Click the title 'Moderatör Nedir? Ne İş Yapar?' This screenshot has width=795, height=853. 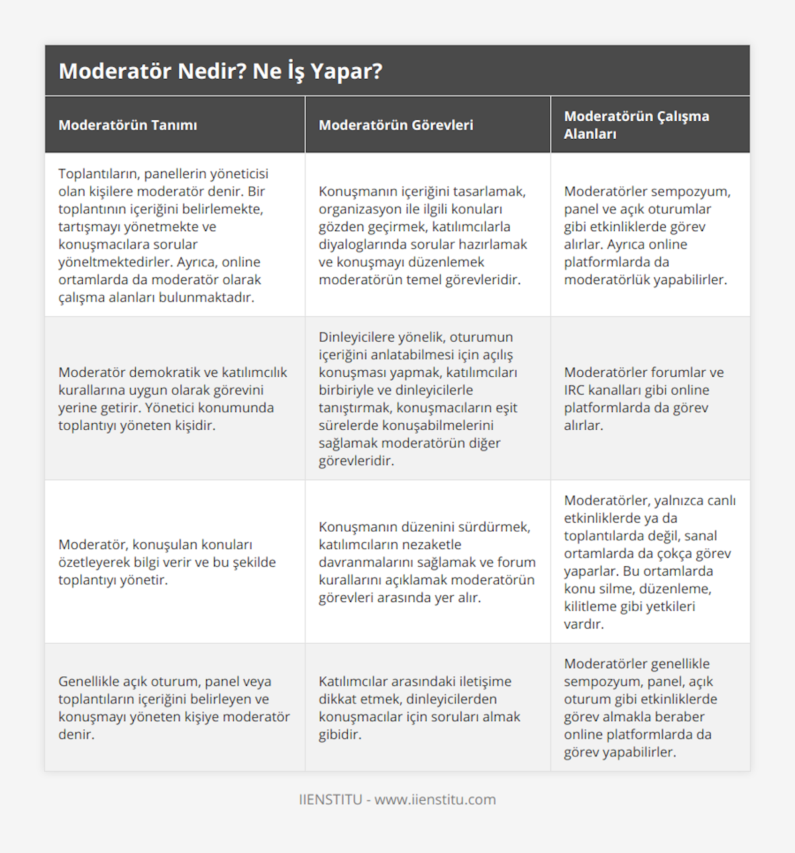click(x=221, y=71)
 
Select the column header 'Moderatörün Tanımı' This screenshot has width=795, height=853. click(x=128, y=125)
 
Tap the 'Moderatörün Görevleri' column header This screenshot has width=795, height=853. click(x=396, y=125)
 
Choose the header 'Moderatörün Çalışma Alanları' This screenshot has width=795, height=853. click(x=636, y=125)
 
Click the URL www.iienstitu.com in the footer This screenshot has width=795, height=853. click(x=435, y=799)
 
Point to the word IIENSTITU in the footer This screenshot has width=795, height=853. click(x=331, y=799)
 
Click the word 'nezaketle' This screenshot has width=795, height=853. click(x=429, y=544)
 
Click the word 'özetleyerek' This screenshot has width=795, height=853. click(x=94, y=562)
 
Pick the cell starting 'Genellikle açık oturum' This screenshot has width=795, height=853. click(x=174, y=707)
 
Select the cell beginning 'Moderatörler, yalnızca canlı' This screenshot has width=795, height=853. click(x=649, y=562)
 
